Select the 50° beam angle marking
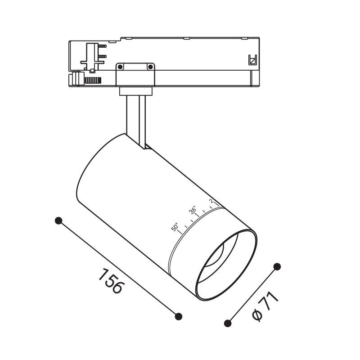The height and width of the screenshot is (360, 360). [x=175, y=227]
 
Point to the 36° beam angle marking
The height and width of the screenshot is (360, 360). [x=193, y=210]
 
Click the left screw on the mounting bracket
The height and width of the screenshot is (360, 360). [x=120, y=67]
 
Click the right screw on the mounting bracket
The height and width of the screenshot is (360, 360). [x=150, y=67]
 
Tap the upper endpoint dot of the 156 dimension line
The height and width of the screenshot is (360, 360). [x=58, y=220]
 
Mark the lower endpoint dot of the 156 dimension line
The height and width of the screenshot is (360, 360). [x=179, y=316]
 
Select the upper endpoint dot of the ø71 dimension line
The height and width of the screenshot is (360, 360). [x=277, y=267]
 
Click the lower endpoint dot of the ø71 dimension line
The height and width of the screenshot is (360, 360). [x=228, y=323]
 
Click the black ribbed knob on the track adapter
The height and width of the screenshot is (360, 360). [x=93, y=81]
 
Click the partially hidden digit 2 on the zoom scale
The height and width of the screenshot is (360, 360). [x=211, y=201]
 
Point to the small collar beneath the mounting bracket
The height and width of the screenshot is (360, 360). [x=135, y=91]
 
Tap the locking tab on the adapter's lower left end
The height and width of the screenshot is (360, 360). [x=75, y=79]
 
